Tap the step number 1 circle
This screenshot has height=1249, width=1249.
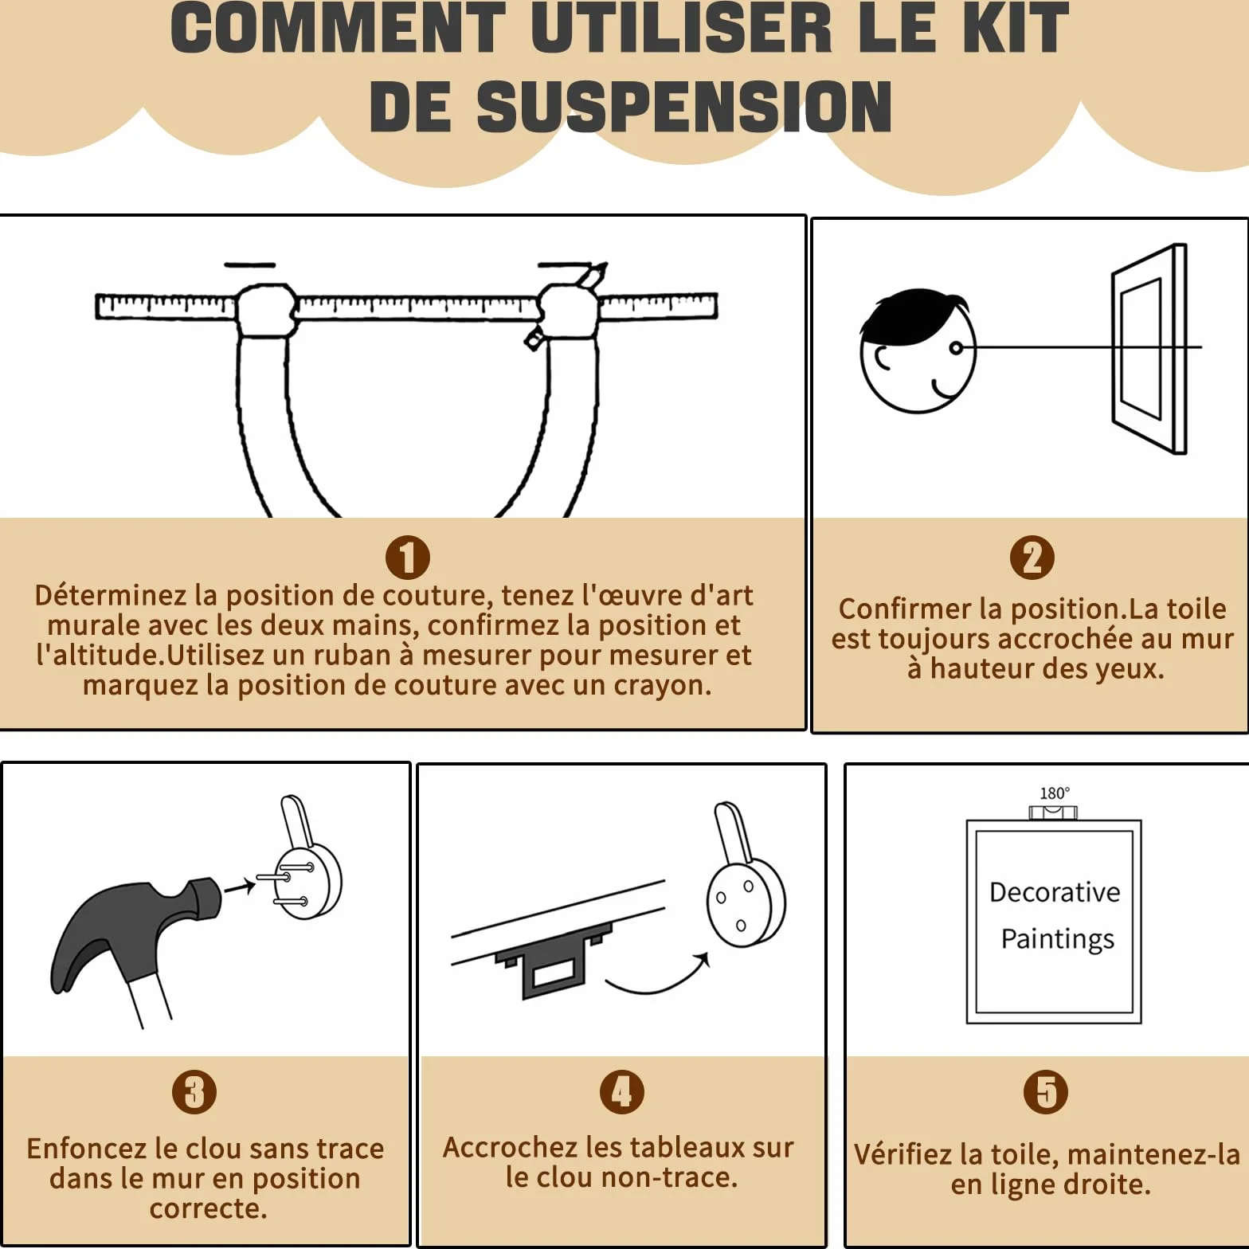[x=408, y=558]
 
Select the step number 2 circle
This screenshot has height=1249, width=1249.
[x=1032, y=558]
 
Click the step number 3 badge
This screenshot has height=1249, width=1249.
[x=194, y=1091]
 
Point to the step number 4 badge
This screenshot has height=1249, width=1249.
[x=622, y=1091]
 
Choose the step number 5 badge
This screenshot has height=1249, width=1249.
[x=1046, y=1091]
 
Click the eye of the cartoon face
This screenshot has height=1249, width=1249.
[x=956, y=348]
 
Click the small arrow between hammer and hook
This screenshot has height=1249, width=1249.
[x=239, y=887]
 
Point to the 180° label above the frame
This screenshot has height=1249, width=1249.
[x=1055, y=793]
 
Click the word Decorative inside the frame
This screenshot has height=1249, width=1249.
[x=1055, y=892]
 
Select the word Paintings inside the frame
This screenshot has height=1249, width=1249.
[x=1058, y=940]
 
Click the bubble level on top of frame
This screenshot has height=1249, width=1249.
[x=1053, y=812]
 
